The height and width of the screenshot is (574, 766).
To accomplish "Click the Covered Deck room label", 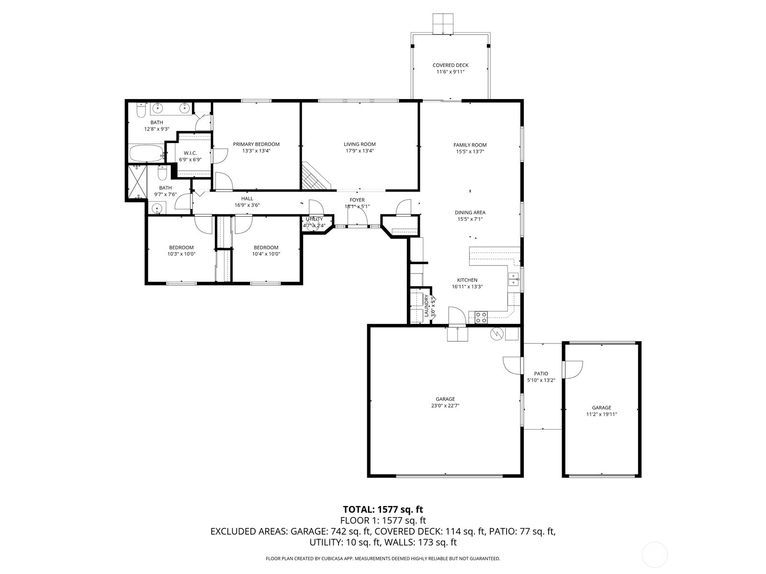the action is click(x=450, y=65).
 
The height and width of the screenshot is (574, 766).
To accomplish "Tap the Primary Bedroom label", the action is click(x=256, y=144).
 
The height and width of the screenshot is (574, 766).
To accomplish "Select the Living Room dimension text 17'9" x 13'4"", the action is click(x=360, y=151).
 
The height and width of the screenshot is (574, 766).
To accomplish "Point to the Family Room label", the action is click(x=470, y=145).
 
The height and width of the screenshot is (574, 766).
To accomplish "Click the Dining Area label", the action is click(x=470, y=212).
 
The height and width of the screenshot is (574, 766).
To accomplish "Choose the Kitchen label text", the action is click(x=467, y=280).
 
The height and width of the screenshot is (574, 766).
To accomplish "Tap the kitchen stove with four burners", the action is click(x=481, y=318).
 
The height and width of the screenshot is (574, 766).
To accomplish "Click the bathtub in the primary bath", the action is click(x=146, y=154).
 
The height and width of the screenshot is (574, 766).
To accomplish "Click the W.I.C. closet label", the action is click(x=190, y=154).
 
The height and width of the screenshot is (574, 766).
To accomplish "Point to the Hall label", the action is click(x=247, y=199).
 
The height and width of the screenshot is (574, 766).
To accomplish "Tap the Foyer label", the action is click(x=357, y=200).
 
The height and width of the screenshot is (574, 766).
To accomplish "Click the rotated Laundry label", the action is click(x=426, y=306).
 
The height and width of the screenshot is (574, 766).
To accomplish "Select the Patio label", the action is click(x=541, y=374).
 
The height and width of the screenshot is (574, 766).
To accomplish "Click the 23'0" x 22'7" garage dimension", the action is click(x=445, y=406).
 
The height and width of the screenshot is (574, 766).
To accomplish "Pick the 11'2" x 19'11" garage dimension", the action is click(x=602, y=414).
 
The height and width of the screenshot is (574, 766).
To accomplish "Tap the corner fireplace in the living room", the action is click(x=314, y=178).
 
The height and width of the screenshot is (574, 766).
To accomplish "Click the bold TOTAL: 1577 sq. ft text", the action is click(x=383, y=509).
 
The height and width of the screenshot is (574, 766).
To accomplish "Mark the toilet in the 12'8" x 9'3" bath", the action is click(x=141, y=110).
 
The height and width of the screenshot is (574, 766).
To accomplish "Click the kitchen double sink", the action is click(x=514, y=279).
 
